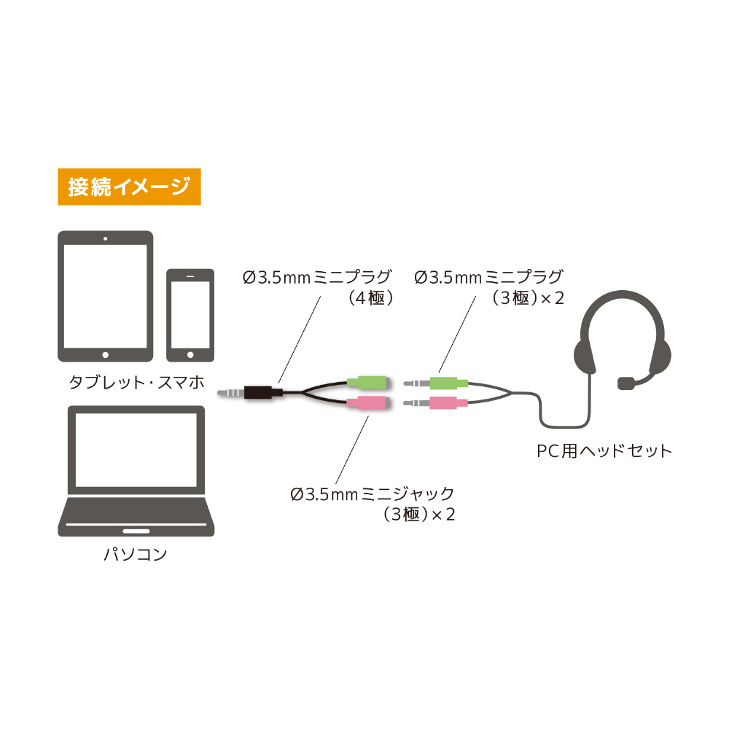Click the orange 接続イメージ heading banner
(x=129, y=187)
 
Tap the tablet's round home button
(x=106, y=355)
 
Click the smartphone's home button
(x=190, y=355)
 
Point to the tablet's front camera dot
(x=106, y=238)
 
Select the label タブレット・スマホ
(x=137, y=382)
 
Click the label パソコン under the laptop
(x=136, y=554)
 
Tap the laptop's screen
(x=136, y=450)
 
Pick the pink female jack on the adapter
(x=367, y=402)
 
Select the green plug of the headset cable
(x=448, y=383)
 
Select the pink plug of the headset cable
(x=448, y=403)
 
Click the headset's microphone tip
(x=625, y=383)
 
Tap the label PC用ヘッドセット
(x=604, y=451)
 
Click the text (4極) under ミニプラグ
(x=371, y=297)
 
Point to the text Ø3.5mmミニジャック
(x=372, y=494)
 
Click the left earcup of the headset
(x=585, y=356)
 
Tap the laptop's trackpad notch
(x=136, y=531)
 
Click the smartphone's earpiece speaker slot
(x=190, y=276)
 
